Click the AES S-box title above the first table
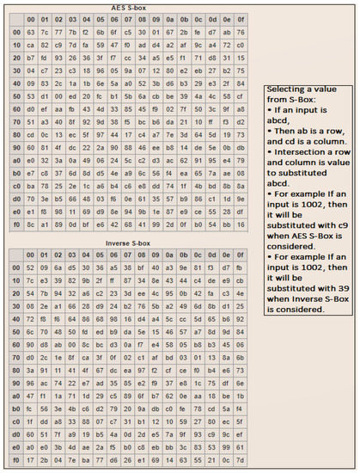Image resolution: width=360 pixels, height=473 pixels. [130, 6]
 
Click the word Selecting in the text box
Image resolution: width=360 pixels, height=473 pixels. [290, 90]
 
